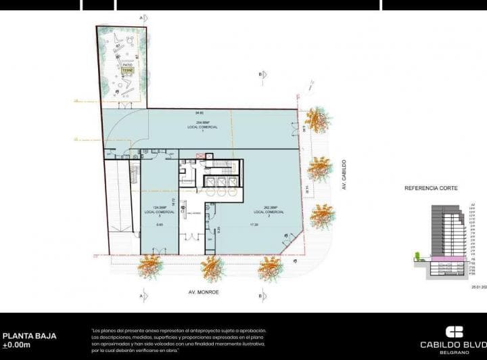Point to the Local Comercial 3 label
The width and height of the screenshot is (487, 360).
point(159,210)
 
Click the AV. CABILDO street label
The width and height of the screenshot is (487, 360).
point(344,174)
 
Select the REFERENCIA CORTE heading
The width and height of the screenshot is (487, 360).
point(430,187)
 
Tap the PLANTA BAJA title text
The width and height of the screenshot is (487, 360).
point(29,336)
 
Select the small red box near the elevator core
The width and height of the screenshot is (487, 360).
point(200,156)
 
